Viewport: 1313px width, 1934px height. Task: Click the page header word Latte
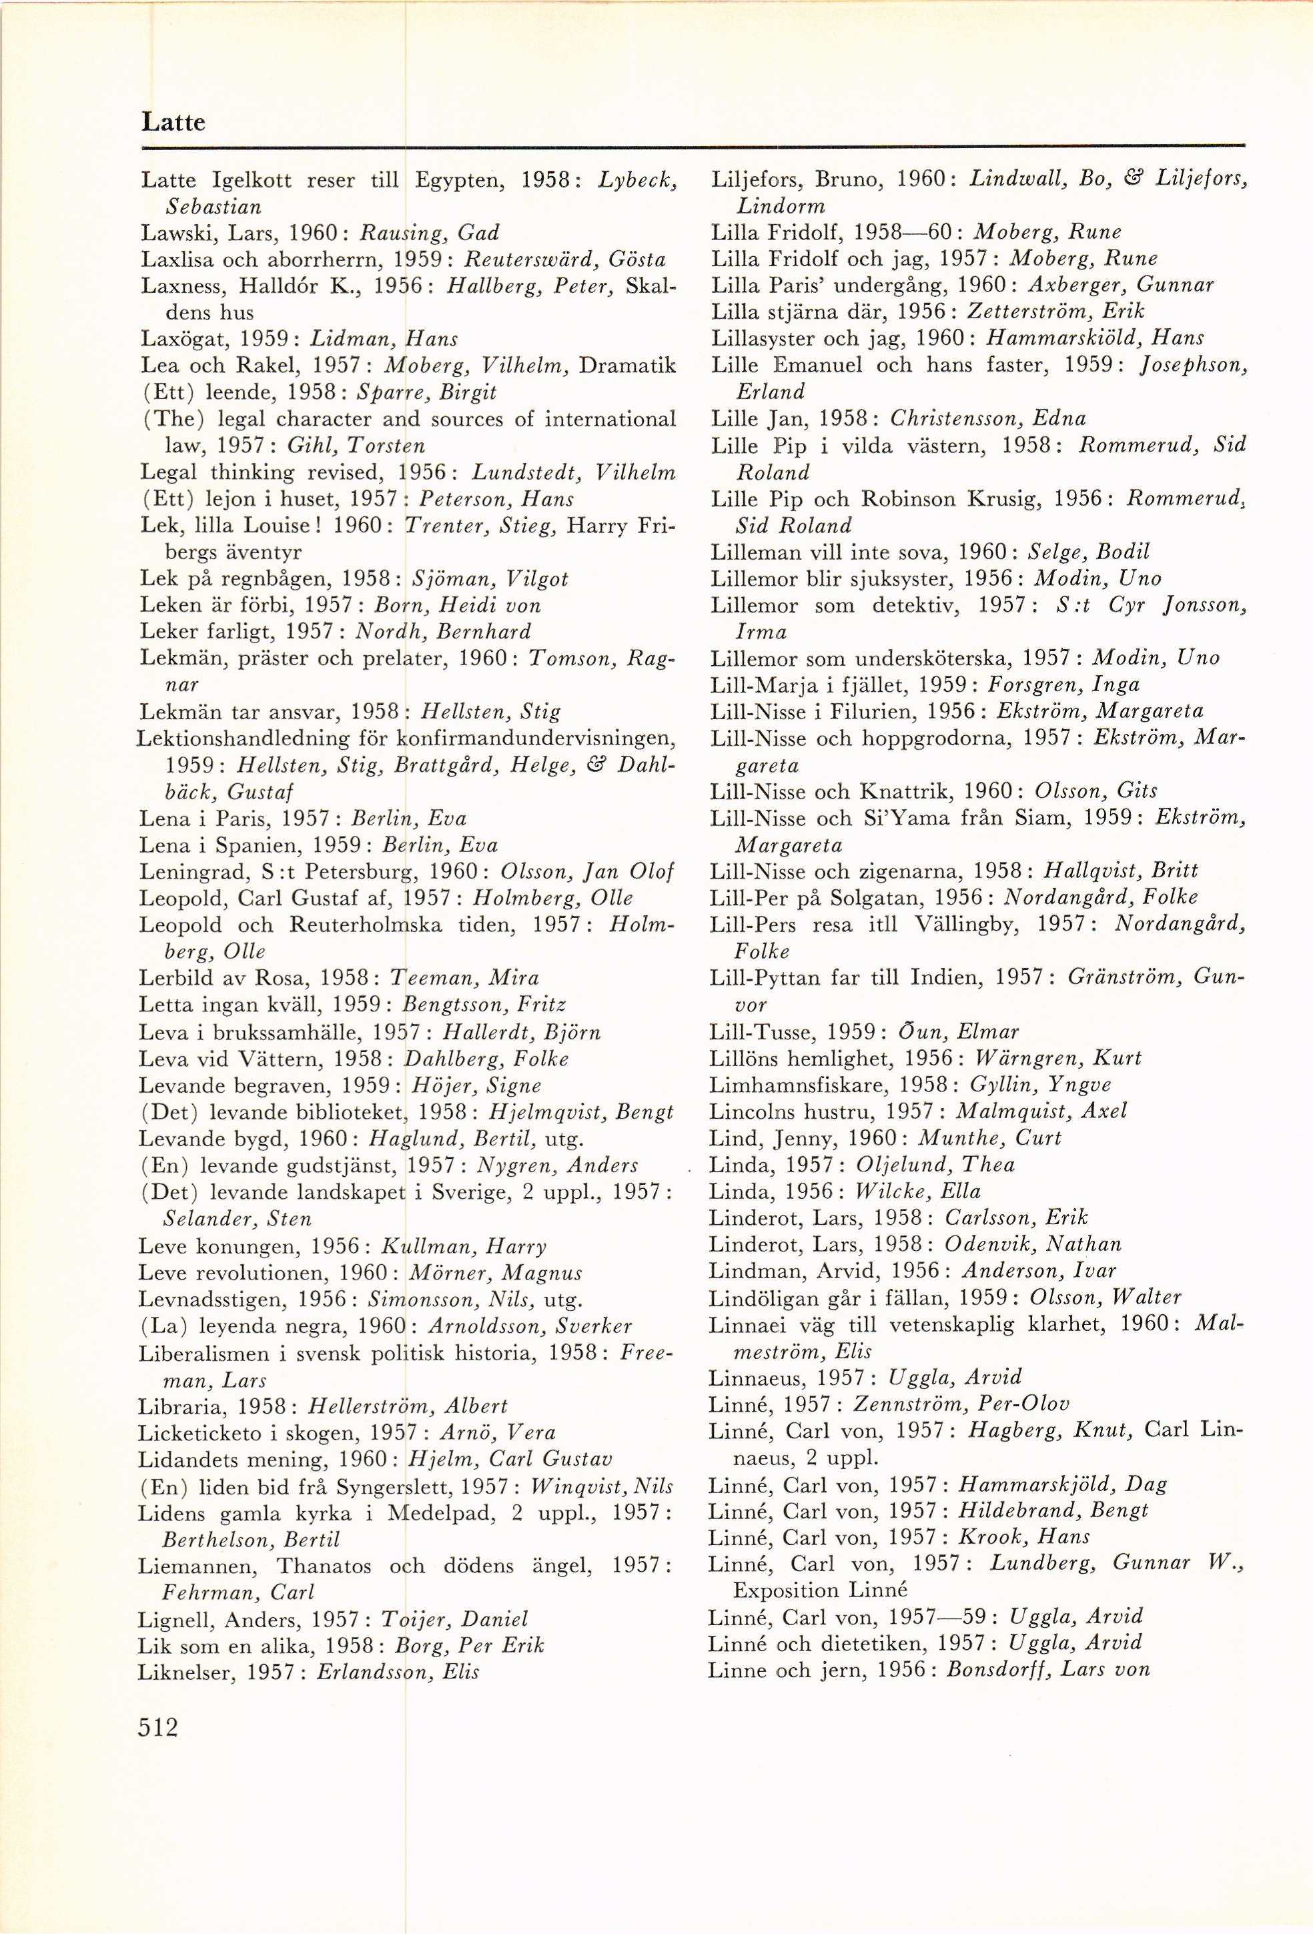(x=173, y=122)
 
